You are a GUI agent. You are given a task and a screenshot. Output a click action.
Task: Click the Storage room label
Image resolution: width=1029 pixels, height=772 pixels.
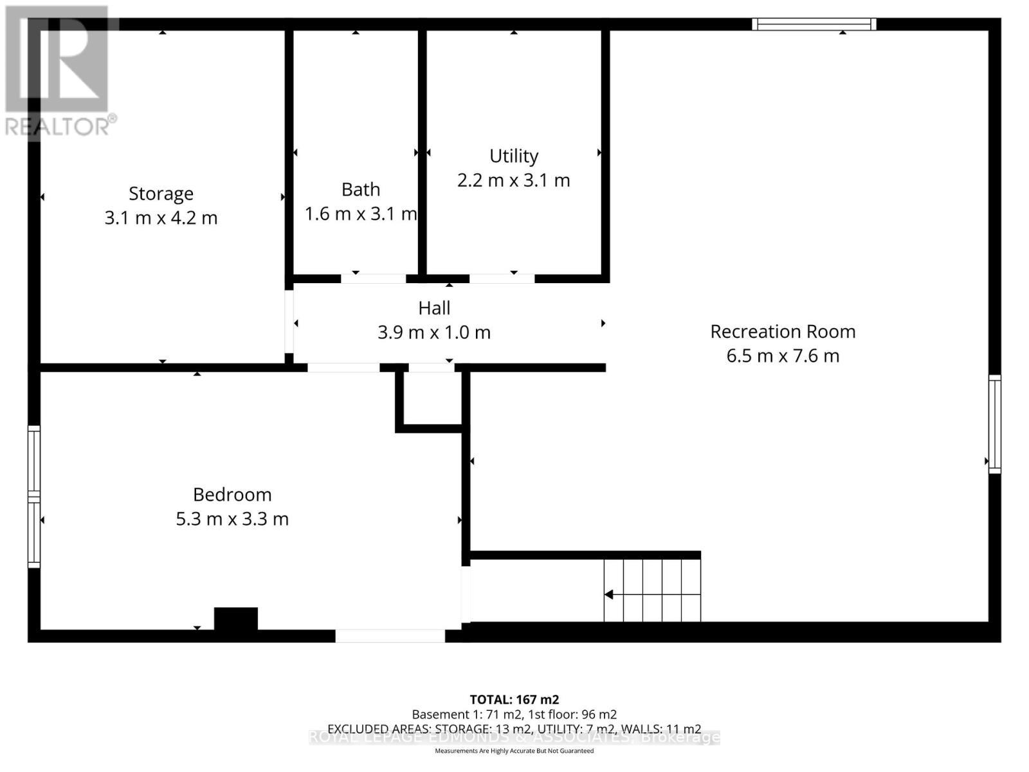(161, 194)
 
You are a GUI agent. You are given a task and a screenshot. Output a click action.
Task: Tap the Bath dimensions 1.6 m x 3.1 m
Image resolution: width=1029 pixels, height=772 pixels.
(361, 214)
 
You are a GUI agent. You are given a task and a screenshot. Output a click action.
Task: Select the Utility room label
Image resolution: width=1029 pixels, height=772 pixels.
(514, 156)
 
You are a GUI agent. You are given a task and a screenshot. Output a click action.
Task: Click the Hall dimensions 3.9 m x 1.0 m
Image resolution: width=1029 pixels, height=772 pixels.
(434, 333)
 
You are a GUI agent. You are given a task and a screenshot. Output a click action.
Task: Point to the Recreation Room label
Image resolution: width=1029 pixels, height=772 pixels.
(783, 331)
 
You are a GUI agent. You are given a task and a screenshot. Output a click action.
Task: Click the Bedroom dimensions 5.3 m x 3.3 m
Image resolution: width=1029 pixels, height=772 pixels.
(232, 519)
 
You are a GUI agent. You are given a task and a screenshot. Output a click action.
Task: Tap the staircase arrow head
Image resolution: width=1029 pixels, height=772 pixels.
(608, 594)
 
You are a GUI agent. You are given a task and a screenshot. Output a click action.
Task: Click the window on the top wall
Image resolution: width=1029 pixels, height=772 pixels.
(814, 24)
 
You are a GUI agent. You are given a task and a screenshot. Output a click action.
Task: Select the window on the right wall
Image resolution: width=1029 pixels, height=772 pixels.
(994, 425)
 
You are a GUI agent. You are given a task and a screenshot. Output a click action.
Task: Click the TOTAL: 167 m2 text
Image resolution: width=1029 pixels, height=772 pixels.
(514, 699)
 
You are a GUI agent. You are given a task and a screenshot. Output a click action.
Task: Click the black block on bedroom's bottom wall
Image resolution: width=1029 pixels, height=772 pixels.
(236, 619)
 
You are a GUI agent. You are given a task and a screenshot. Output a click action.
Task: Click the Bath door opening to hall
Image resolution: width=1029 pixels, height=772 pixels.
(373, 279)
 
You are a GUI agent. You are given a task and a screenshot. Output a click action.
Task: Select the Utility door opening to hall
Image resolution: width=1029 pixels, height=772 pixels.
(502, 279)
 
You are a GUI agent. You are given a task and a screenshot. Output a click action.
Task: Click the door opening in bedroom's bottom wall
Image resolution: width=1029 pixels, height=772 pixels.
(390, 636)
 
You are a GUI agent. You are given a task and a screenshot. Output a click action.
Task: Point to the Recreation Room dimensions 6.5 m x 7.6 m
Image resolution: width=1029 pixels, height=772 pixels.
(783, 356)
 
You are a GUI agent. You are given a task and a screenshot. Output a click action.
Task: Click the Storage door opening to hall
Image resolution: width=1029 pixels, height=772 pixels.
(289, 322)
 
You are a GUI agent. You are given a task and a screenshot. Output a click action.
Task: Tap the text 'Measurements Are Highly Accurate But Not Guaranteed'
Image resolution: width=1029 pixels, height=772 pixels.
(514, 751)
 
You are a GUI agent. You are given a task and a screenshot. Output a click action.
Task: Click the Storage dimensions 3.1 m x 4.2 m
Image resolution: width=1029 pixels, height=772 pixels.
(161, 218)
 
